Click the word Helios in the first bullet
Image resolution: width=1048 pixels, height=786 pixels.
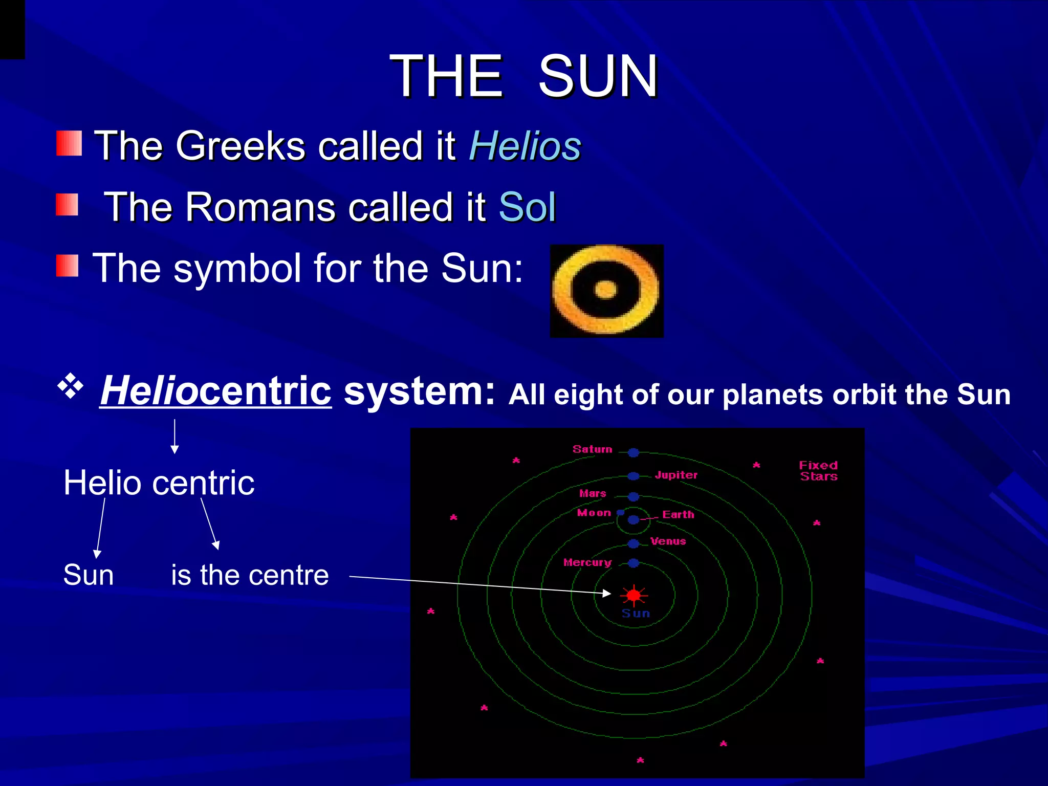525,146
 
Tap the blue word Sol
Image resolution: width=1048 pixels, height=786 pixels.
527,207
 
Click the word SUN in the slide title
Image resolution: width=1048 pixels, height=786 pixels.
598,76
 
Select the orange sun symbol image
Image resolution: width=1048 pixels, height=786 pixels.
606,291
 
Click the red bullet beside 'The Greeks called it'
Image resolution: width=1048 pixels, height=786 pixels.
69,143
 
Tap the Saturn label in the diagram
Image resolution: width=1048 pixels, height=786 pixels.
592,449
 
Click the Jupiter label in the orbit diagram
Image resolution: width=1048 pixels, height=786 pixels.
676,475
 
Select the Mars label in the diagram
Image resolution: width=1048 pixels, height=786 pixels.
593,493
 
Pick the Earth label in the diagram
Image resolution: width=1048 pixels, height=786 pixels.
678,514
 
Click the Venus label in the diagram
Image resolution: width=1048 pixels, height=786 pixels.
668,541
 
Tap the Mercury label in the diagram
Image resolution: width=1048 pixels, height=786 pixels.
587,562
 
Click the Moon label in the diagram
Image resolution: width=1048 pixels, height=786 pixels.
594,513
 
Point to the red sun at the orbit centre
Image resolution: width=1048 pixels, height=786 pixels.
634,595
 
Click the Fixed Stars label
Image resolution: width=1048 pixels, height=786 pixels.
818,471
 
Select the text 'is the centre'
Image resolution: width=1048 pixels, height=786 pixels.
250,575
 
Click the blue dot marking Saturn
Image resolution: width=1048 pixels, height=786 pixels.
634,452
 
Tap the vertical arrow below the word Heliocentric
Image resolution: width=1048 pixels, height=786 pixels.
174,436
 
